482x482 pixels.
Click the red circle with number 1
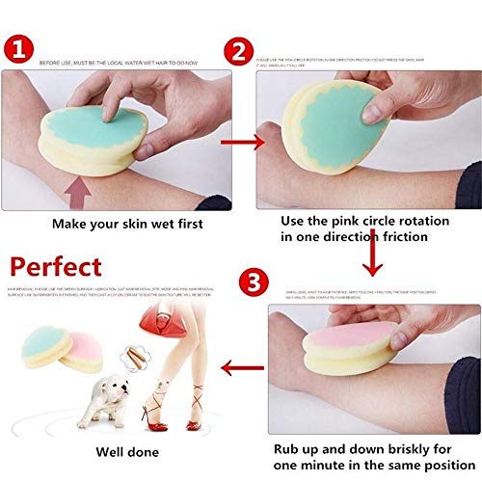(x=23, y=48)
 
